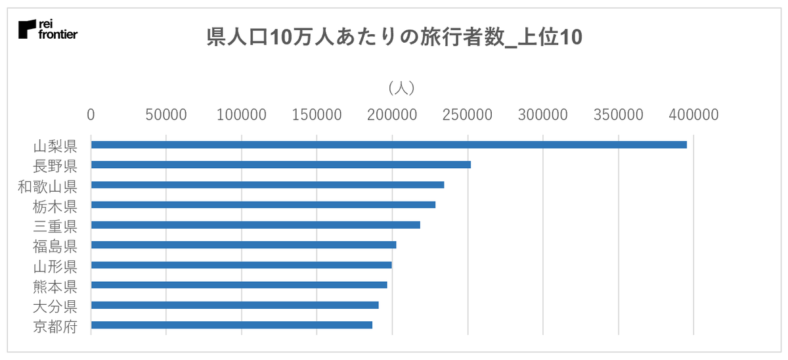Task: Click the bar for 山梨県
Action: coord(389,145)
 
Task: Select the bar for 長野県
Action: coord(281,164)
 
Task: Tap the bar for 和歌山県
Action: coord(267,185)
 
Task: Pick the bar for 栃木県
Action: coord(263,204)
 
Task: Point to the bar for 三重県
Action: coord(255,225)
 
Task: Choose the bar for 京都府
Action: coord(232,325)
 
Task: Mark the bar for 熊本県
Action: coord(239,284)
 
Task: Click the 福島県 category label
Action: coord(55,245)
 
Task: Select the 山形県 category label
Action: coord(55,265)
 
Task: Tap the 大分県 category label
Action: coord(55,305)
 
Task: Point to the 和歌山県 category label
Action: coord(47,185)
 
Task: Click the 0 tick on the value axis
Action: coord(91,114)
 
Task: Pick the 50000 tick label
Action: coord(166,114)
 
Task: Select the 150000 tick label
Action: coord(317,114)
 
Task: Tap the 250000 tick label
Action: coord(468,114)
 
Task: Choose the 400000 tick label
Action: coord(694,114)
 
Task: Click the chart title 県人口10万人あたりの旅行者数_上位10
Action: coord(394,37)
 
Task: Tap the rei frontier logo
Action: coord(48,30)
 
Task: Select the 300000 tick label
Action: coord(544,114)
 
